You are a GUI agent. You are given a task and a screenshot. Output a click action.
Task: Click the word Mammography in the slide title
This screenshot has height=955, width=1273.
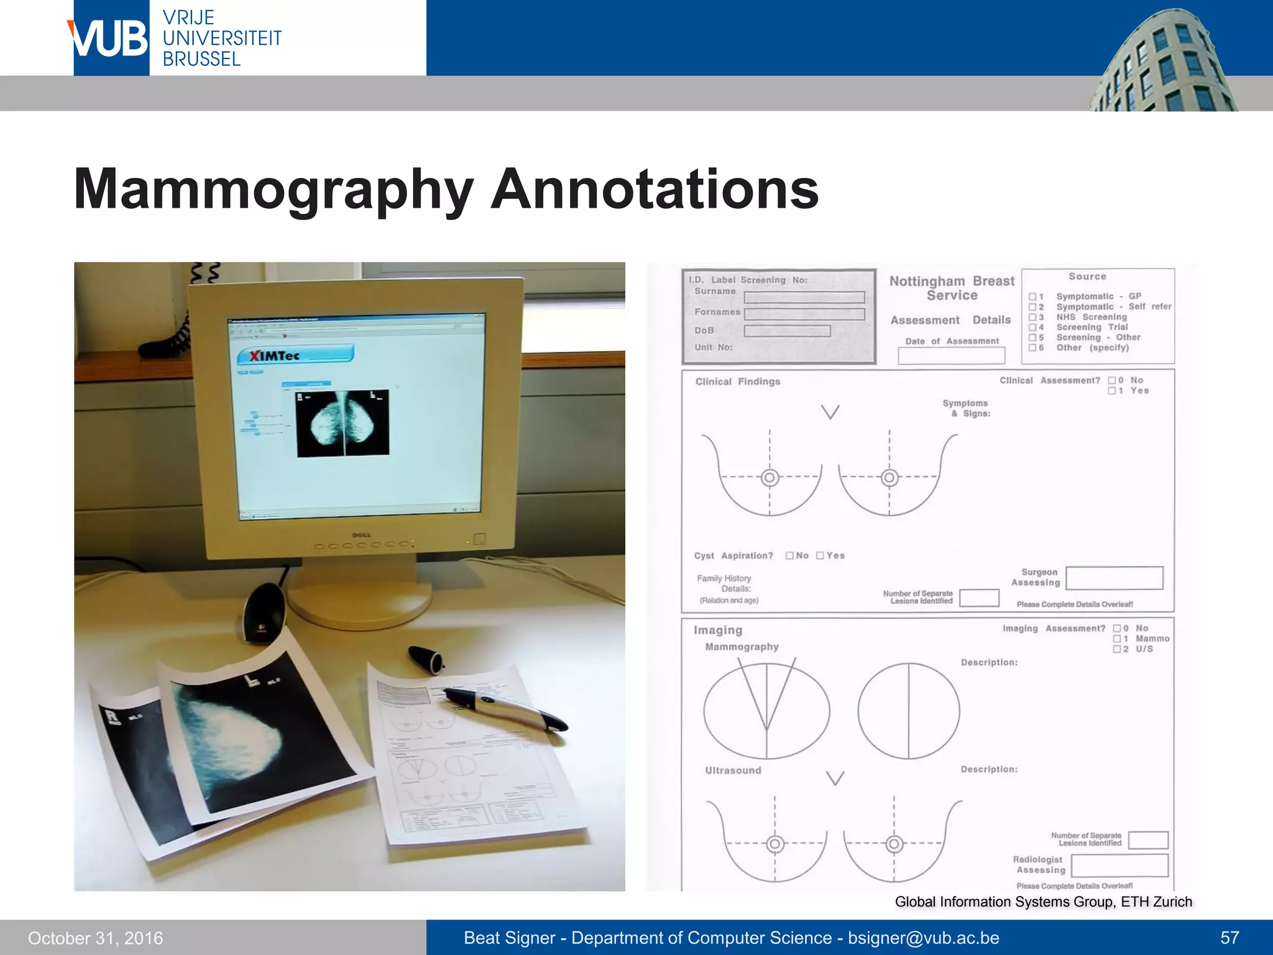pos(273,190)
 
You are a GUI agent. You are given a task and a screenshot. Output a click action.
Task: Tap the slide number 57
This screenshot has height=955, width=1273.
pos(1229,938)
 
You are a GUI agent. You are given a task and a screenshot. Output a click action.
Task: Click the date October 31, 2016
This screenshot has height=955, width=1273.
pos(95,938)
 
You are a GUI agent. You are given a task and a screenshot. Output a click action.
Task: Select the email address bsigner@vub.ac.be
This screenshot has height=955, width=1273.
pos(923,938)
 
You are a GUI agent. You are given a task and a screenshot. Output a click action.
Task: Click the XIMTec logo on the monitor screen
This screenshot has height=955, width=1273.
pos(295,356)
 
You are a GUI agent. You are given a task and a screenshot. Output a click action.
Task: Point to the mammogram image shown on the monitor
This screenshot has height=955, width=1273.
pos(343,423)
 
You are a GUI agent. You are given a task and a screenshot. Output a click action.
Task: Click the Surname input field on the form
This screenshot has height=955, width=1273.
pos(804,297)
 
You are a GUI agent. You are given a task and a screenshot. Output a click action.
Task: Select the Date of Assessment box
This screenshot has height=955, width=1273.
pos(951,356)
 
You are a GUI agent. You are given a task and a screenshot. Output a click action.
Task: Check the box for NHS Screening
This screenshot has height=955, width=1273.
pos(1032,317)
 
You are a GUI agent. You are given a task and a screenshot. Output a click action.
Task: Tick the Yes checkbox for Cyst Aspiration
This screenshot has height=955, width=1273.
pos(820,555)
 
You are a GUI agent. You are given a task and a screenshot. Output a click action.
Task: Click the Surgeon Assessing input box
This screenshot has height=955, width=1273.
pos(1114,578)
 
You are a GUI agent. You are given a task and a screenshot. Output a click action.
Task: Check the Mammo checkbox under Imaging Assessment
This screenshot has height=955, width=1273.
pos(1117,639)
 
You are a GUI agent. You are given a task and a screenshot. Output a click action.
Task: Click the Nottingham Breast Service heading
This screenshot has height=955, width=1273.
pos(952,288)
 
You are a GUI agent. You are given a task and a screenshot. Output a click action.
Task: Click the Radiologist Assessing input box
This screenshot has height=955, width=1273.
pos(1119,865)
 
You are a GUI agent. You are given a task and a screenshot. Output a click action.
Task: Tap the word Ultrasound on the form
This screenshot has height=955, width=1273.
pos(733,770)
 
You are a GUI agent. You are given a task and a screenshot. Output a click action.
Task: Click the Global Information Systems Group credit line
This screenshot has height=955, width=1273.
pos(1043,902)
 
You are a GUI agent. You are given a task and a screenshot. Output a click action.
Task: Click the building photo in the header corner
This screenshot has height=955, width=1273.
pos(1162,62)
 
